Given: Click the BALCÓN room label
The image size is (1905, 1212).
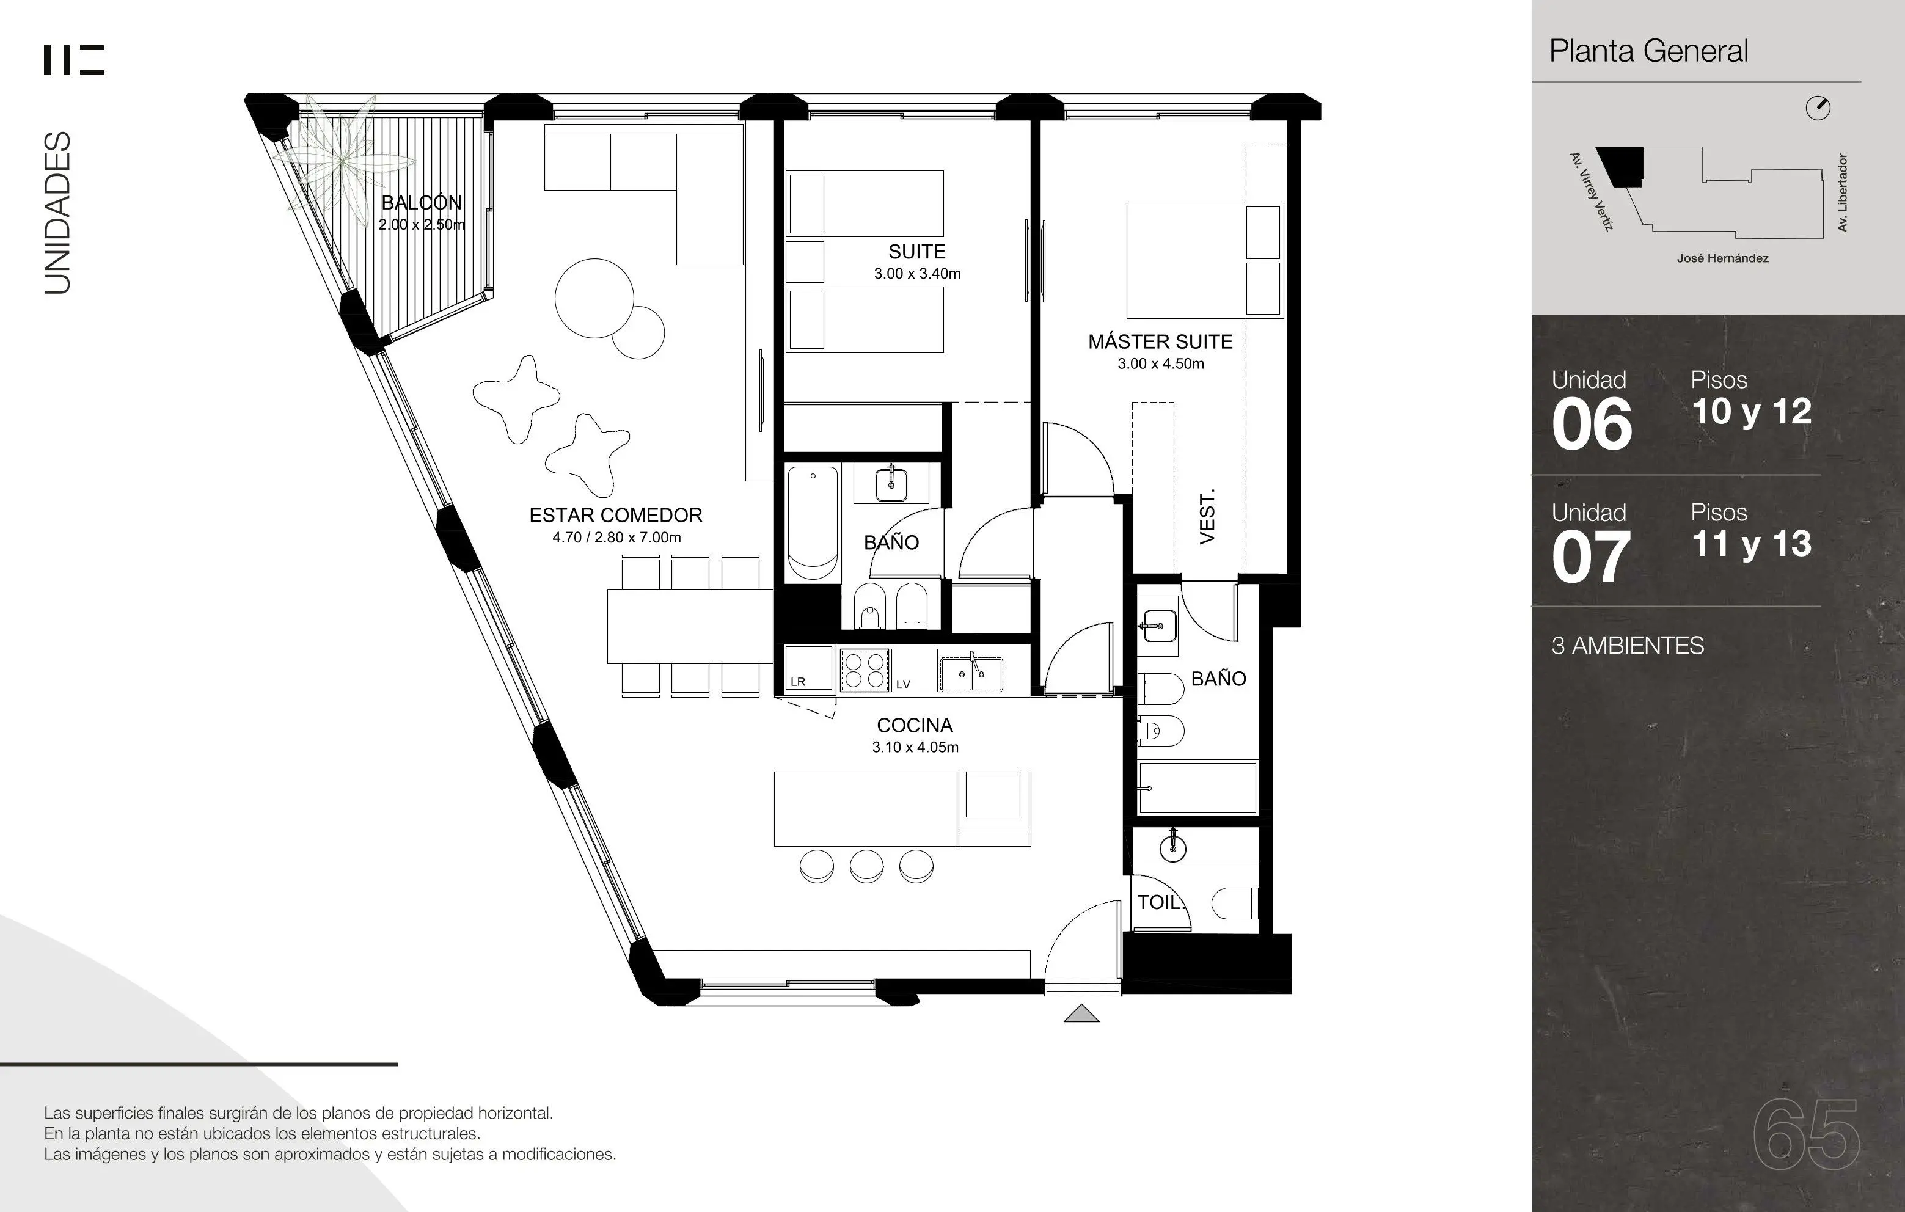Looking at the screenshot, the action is tap(422, 203).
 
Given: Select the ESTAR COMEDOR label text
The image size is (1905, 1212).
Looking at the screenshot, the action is tap(615, 515).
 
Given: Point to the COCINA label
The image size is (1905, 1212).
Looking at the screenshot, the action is tap(915, 726).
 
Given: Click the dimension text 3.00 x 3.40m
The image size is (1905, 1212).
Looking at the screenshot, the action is tap(917, 274).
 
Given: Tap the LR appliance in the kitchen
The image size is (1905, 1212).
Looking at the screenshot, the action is tap(808, 668).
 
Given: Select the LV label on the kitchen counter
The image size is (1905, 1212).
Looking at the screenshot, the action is tap(902, 684).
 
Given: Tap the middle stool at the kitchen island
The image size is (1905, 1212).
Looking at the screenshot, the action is tap(866, 866).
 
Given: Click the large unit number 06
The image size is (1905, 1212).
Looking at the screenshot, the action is tap(1592, 425).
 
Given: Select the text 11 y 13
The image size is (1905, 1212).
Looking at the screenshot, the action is tap(1752, 544).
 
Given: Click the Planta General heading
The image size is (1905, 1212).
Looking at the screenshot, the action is tap(1648, 51).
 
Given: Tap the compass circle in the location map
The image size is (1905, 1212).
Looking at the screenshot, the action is tap(1818, 108).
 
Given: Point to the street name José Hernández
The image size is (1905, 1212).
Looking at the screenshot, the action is tap(1722, 258).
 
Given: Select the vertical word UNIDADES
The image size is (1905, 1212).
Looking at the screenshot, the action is tap(58, 213).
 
